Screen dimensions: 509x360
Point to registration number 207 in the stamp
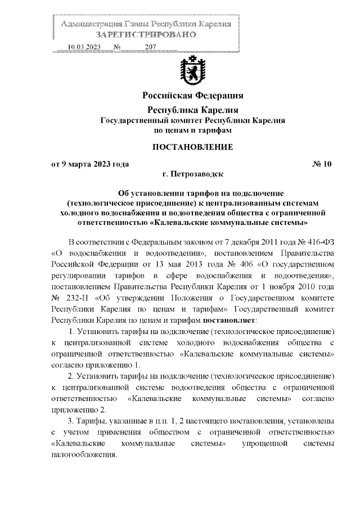[x=150, y=47]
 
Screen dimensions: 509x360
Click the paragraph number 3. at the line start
[x=71, y=420]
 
